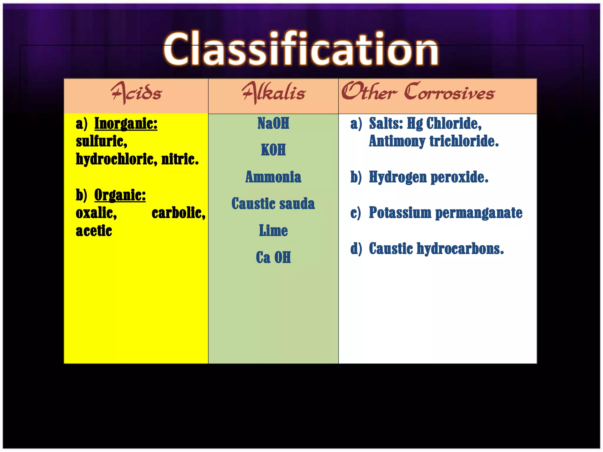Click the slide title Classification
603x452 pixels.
click(x=301, y=49)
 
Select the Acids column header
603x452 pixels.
click(x=136, y=93)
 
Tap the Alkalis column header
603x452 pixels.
click(x=274, y=93)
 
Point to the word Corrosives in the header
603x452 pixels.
click(x=449, y=93)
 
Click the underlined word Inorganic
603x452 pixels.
click(x=126, y=124)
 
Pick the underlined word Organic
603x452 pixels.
click(x=120, y=195)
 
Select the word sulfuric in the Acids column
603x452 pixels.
click(x=101, y=142)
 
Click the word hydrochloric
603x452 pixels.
click(x=117, y=159)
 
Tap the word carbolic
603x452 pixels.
click(x=178, y=213)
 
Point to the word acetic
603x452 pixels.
click(x=94, y=231)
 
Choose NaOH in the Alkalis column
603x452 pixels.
click(x=273, y=123)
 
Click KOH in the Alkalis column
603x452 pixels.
click(x=273, y=150)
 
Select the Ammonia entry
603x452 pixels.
click(x=273, y=177)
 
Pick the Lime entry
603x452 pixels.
click(x=273, y=230)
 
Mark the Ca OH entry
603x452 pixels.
click(x=273, y=257)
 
